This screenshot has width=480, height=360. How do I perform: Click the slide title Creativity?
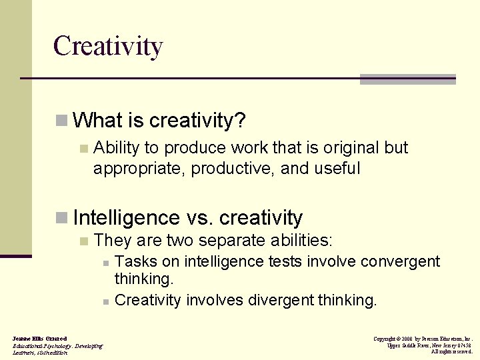pos(108,47)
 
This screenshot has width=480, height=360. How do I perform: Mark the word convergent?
pos(401,261)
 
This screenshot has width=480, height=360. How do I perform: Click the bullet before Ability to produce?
pos(83,148)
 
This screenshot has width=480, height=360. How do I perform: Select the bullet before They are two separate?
pos(83,241)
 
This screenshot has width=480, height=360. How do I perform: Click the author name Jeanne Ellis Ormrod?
pos(39,339)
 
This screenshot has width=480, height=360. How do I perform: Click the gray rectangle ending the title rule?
pos(407,79)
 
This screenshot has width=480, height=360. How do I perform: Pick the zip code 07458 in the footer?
pos(463,345)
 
